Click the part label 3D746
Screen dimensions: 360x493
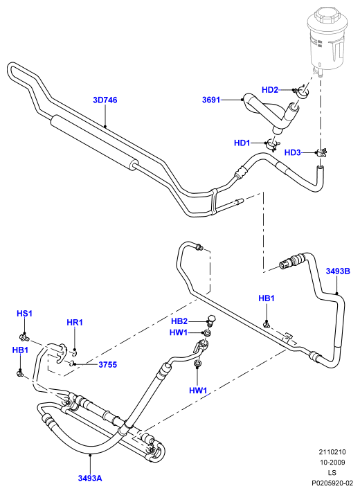pos(105,100)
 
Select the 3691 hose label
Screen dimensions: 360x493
pos(211,100)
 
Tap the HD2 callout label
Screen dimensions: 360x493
pos(270,90)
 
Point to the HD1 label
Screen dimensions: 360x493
pos(242,143)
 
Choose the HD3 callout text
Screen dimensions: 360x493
pos(292,153)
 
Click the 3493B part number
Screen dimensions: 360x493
pos(338,271)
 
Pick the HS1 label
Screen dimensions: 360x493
pos(24,314)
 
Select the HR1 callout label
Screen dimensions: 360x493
pos(75,322)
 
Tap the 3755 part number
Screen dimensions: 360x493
pos(107,365)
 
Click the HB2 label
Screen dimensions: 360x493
pos(179,321)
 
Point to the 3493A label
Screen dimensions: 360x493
pos(90,478)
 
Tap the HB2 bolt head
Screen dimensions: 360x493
pos(212,319)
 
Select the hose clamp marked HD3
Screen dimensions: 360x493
pos(322,153)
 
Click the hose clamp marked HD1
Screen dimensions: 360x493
pos(271,144)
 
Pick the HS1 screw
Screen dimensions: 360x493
pos(24,338)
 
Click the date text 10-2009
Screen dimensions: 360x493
pos(332,463)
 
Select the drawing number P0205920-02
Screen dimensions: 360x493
pos(332,483)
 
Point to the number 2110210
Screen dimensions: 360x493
pos(332,452)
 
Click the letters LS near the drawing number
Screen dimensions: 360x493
pos(332,472)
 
